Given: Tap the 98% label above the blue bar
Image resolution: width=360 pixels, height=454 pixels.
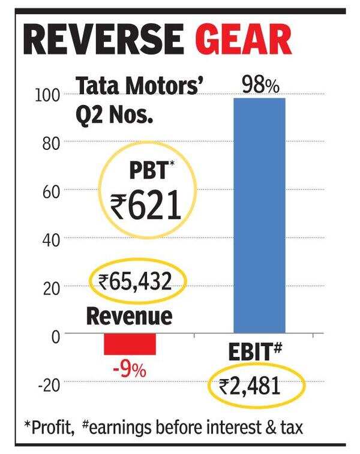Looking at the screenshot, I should (260, 86).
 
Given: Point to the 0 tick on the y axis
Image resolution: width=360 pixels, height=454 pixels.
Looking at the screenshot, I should (56, 336).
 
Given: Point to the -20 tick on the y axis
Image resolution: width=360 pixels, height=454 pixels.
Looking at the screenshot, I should (49, 384).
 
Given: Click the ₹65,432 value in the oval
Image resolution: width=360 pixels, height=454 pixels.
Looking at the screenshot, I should (136, 282).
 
